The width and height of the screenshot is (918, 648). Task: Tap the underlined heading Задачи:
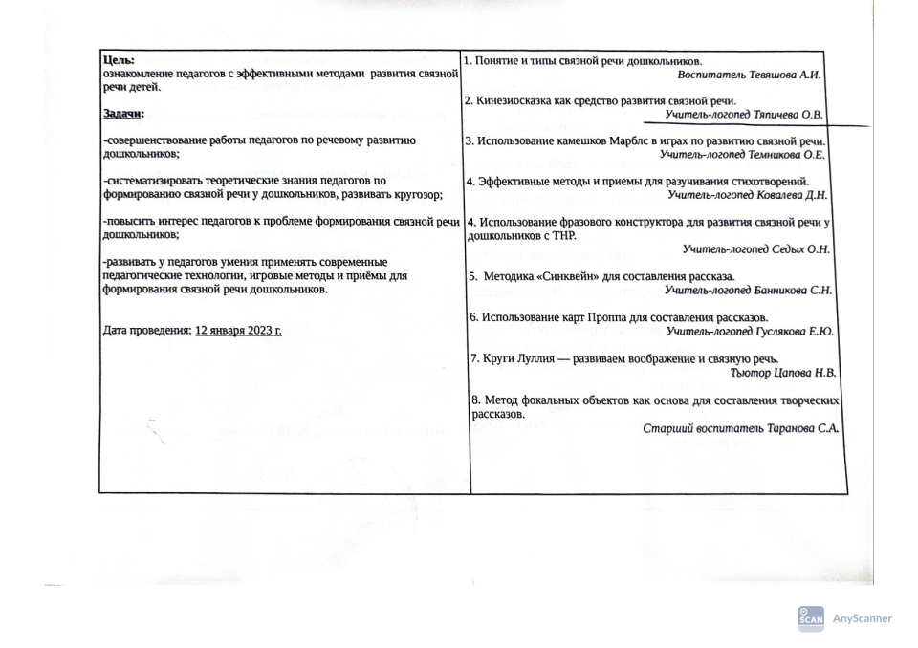point(122,115)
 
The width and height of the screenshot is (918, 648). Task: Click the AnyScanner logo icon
point(809,617)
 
